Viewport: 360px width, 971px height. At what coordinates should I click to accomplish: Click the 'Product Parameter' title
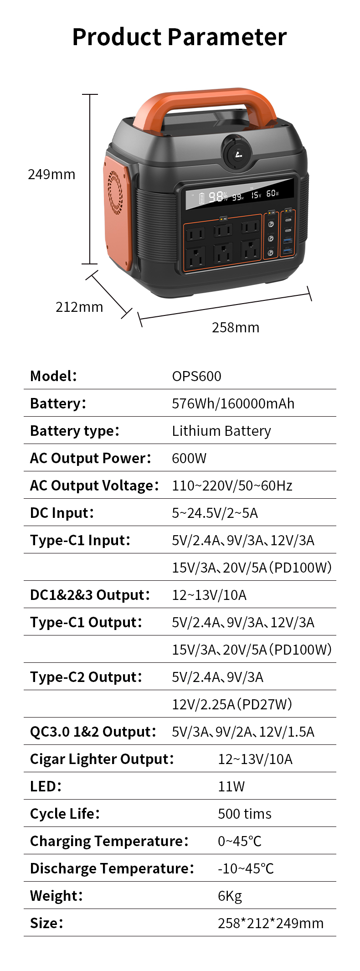click(x=180, y=37)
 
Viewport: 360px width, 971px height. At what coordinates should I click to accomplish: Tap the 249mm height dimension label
click(x=51, y=175)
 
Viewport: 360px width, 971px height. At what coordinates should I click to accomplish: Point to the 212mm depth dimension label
click(x=79, y=307)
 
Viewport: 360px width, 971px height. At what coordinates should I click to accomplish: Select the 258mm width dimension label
click(x=236, y=327)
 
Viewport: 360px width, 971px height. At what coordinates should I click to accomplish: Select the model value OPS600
click(x=196, y=376)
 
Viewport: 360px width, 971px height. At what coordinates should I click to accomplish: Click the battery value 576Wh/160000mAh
click(x=233, y=403)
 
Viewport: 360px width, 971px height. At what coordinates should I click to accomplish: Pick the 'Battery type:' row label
click(x=75, y=431)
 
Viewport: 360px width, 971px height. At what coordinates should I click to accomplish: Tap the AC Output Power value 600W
click(x=189, y=458)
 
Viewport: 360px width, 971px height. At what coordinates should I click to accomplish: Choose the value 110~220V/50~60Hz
click(x=232, y=485)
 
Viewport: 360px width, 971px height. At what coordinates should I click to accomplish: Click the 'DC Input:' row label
click(x=62, y=513)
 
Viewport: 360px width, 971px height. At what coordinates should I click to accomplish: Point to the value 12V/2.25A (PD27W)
click(x=232, y=704)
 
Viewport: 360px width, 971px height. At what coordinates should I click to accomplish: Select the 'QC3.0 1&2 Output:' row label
click(x=93, y=732)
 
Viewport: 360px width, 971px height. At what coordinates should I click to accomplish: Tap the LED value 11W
click(x=231, y=786)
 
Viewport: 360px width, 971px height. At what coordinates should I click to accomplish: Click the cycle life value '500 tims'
click(x=245, y=814)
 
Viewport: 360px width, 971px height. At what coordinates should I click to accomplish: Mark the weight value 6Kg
click(x=230, y=896)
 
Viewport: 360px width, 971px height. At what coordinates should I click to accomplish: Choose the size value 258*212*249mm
click(x=271, y=923)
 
